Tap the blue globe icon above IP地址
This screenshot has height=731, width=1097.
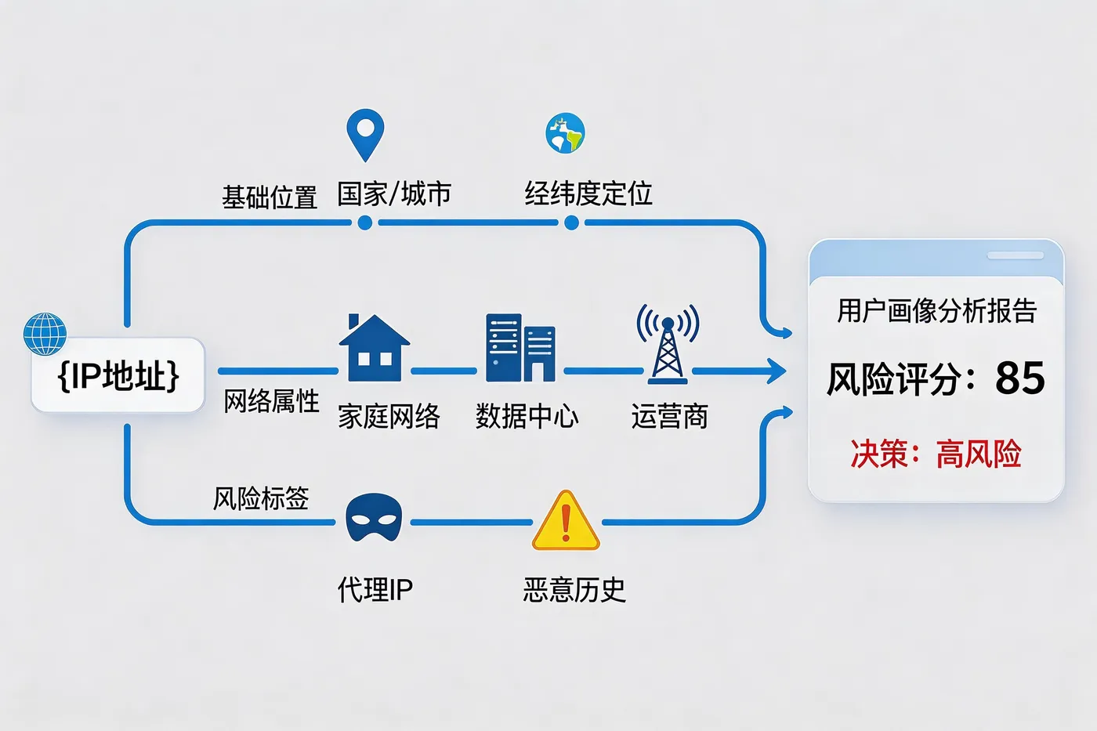[45, 333]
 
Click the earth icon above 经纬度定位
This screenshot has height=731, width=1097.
[565, 133]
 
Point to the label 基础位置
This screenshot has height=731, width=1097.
[270, 197]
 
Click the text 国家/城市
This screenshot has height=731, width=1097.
[394, 194]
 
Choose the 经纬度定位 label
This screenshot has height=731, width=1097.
[588, 194]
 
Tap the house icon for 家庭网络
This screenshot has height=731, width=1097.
[374, 348]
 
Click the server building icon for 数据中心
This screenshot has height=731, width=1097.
[520, 348]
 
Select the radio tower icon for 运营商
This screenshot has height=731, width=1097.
[668, 344]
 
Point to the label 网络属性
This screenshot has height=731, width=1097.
[271, 401]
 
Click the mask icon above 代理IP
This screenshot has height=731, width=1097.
[374, 517]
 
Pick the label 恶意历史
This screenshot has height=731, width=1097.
[574, 589]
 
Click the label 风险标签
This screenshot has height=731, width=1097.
[261, 498]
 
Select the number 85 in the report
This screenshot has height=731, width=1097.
[1019, 378]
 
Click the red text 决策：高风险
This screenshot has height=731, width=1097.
[936, 454]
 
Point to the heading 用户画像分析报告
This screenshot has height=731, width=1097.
[936, 311]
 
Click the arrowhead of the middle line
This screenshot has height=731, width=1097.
[777, 371]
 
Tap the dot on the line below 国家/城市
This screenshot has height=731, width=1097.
[364, 223]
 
